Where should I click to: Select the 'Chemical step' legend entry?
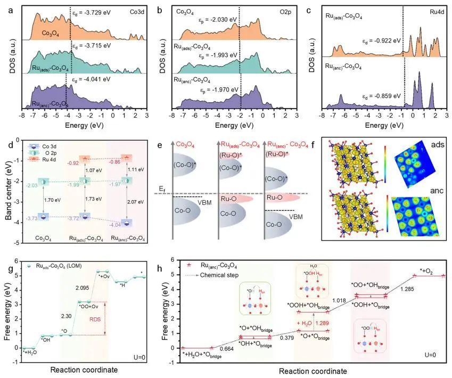tap(217, 275)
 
